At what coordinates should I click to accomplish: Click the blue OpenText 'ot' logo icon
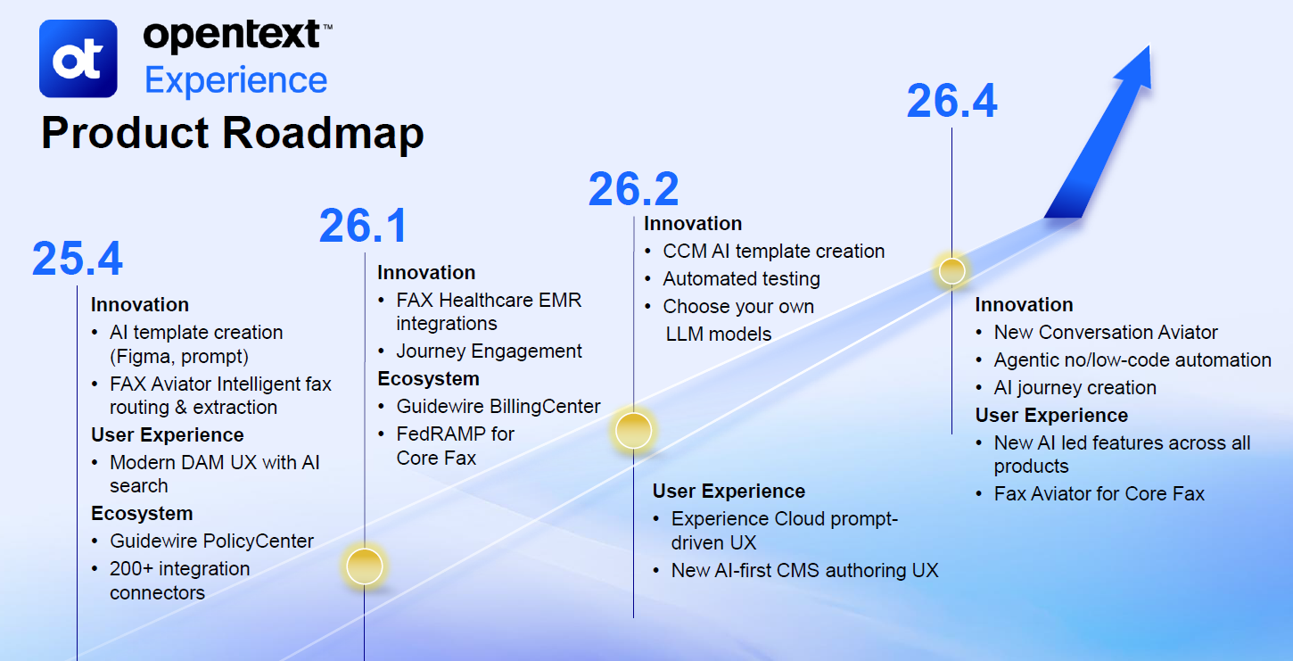(x=78, y=58)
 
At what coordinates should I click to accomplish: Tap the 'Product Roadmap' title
(x=232, y=133)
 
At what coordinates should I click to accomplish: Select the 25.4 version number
(x=78, y=259)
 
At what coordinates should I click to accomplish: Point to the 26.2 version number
(x=633, y=189)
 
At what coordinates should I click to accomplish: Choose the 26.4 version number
(x=951, y=101)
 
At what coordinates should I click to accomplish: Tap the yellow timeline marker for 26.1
(x=364, y=566)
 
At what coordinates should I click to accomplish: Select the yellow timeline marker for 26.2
(x=633, y=430)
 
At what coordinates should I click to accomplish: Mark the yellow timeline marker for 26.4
(x=951, y=269)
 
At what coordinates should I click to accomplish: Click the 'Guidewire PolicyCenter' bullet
(x=211, y=541)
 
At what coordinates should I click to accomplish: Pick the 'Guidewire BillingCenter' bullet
(x=498, y=407)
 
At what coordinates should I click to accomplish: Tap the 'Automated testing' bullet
(x=741, y=279)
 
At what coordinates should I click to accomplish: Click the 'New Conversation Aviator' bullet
(x=1106, y=333)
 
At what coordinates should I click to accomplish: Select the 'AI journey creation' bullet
(x=1075, y=388)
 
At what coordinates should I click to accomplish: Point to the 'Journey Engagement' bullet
(x=489, y=351)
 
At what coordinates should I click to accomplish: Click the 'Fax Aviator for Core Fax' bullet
(x=1099, y=494)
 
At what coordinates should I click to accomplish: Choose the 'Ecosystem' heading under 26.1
(x=428, y=379)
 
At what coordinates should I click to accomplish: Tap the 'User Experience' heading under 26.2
(x=729, y=492)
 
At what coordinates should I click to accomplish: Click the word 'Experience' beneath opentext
(x=236, y=80)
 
